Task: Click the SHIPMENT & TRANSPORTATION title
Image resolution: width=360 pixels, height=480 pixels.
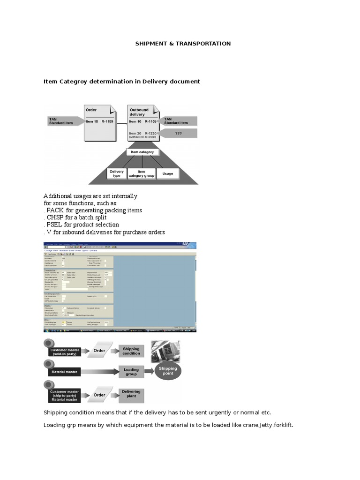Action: (183, 44)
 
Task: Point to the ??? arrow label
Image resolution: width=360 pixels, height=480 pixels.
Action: (179, 133)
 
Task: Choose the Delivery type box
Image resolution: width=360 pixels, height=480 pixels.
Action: (117, 173)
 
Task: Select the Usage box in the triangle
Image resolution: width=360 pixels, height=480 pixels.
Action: (167, 173)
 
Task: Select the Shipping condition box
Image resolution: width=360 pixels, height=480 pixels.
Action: (131, 351)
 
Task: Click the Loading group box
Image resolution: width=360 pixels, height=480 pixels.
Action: (131, 372)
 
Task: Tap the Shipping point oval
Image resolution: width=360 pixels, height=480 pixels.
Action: (168, 371)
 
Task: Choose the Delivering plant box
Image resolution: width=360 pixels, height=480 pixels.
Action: (131, 394)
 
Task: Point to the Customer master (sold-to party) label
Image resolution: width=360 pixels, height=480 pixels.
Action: (65, 352)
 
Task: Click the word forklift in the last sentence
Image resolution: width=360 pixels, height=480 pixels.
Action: (282, 425)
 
